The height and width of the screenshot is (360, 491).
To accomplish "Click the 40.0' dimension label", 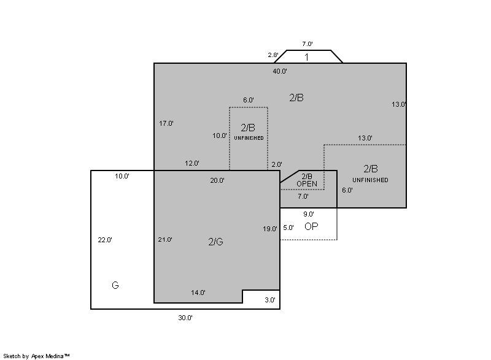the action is pos(280,71).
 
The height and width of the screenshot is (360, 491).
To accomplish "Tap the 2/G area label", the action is pos(216,242).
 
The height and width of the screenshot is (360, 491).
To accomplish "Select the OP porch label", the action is pos(311,226).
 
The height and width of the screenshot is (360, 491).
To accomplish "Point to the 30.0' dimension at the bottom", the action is pos(185,318).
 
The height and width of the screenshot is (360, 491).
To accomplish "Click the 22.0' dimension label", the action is pos(105,240).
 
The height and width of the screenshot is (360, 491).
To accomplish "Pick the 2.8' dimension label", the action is pos(273,55).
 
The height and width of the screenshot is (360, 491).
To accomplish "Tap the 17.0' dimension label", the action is pos(166,123).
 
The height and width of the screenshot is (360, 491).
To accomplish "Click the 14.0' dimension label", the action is pos(198,293).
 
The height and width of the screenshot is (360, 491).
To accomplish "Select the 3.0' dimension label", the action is pos(270,300).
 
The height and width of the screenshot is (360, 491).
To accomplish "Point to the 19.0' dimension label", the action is pos(270,229).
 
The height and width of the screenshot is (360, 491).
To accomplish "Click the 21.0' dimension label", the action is pos(165,240).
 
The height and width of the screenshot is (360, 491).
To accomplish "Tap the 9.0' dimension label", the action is pos(309,214).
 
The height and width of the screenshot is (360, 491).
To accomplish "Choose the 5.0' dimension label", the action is pos(288,228).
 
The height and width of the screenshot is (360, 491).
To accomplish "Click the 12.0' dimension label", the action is pos(192,163).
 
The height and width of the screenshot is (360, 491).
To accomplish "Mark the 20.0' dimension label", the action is pos(217,180).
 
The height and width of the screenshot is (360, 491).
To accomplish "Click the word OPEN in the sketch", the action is pos(307,184).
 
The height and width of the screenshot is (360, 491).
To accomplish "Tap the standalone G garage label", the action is pos(115,285).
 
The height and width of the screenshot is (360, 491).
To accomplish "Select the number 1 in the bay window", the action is pos(306,57).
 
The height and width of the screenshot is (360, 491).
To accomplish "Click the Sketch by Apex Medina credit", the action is pos(37,356).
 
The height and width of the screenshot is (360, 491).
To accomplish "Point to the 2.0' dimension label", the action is pos(277,164).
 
